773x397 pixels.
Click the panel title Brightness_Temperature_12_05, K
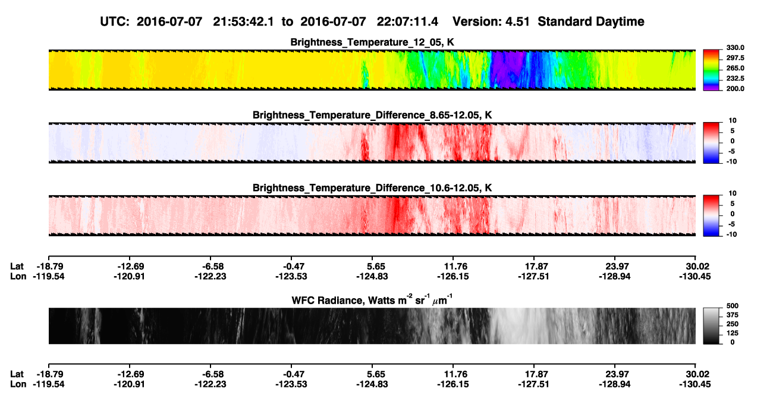click(372, 42)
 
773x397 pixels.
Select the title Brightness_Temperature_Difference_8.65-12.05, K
click(372, 115)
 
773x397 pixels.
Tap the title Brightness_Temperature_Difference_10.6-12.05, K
click(372, 188)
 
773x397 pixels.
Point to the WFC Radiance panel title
click(372, 299)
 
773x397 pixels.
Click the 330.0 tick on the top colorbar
click(735, 48)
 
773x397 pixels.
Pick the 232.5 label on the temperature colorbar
click(735, 79)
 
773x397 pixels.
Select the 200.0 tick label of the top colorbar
click(735, 89)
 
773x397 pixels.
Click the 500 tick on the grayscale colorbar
click(733, 306)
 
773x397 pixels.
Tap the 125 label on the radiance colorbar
click(733, 333)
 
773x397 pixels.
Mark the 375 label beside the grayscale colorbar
click(733, 315)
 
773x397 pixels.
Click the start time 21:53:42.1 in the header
click(243, 21)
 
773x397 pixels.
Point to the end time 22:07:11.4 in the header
click(407, 21)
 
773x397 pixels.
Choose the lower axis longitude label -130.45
click(695, 385)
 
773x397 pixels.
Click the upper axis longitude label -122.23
click(210, 276)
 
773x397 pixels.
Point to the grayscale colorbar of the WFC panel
click(711, 326)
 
